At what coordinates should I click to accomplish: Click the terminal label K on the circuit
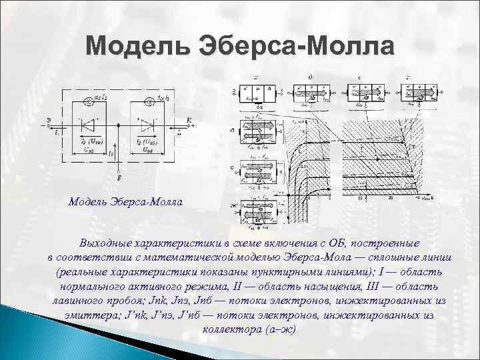coord(189,119)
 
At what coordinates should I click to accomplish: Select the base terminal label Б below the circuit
coord(119,179)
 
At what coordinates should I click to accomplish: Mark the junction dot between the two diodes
coord(119,125)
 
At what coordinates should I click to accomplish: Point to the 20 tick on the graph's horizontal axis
coord(361,198)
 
